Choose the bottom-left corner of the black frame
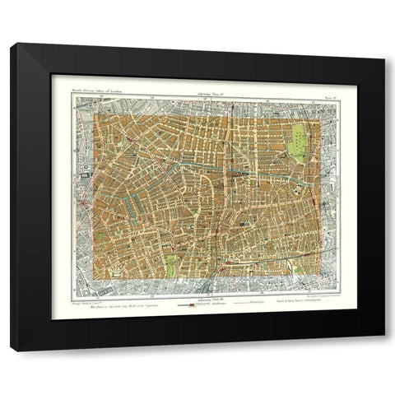(x=12, y=351)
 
